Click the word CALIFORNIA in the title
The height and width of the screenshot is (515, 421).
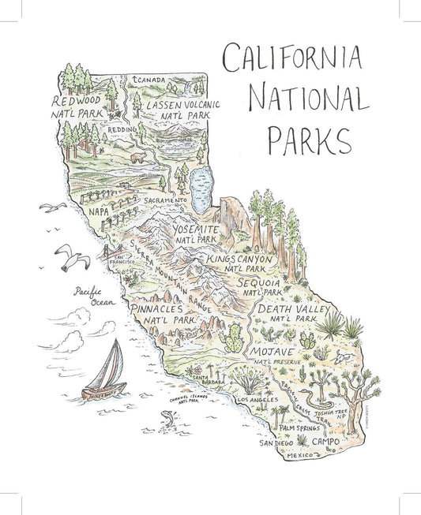coord(293,58)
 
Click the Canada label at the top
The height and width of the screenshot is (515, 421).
coord(152,79)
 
